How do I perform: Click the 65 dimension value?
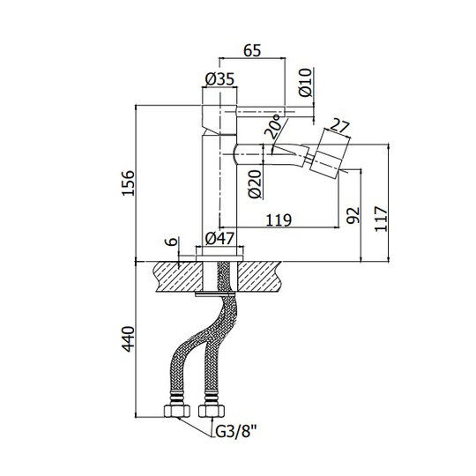[x=252, y=50]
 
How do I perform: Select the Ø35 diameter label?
[x=219, y=79]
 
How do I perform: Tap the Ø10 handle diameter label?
[x=305, y=83]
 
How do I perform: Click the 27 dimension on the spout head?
[x=339, y=126]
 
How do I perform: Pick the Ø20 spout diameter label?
[x=255, y=184]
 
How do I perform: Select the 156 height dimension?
[x=128, y=183]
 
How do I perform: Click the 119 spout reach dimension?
[x=279, y=219]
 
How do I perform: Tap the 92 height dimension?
[x=353, y=215]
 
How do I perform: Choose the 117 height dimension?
[x=381, y=219]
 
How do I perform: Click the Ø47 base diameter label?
[x=219, y=238]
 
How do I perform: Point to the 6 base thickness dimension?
[x=172, y=242]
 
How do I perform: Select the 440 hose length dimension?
[x=128, y=338]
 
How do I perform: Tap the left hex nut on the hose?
[x=177, y=411]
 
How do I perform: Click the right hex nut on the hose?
[x=212, y=411]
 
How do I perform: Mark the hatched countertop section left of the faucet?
[x=178, y=277]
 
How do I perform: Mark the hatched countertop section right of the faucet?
[x=259, y=277]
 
